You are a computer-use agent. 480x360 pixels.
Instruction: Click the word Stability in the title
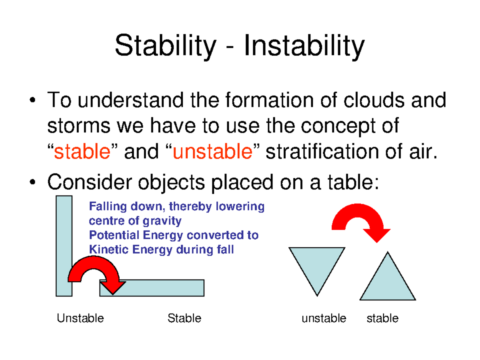coord(165,46)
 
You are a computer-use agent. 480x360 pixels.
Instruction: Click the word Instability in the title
coord(304,46)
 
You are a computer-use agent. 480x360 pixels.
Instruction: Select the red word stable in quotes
coord(82,152)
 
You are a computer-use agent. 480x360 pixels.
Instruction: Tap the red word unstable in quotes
coord(213,152)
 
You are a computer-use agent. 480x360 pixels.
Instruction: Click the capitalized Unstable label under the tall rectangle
coord(80,318)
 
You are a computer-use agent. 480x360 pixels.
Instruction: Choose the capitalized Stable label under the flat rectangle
coord(184,318)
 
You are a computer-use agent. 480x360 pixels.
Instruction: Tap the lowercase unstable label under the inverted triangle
coord(324,318)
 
